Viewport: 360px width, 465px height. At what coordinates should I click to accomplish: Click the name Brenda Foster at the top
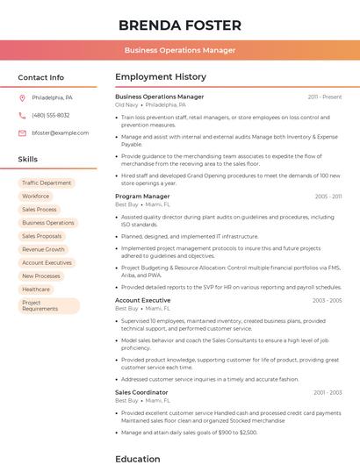tap(180, 24)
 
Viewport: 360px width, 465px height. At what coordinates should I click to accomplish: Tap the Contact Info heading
tap(41, 77)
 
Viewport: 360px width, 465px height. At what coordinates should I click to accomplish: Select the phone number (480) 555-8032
tap(51, 115)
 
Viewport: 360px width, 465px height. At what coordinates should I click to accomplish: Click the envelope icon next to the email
tap(22, 132)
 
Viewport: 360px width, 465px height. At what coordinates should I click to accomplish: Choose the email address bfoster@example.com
tap(61, 132)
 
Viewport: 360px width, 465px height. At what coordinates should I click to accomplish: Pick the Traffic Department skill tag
tap(47, 183)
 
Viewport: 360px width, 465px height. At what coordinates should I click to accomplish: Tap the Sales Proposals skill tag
tap(42, 236)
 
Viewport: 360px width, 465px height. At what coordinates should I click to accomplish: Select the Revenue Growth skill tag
tap(43, 249)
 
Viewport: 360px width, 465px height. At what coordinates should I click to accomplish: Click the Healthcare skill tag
tap(36, 289)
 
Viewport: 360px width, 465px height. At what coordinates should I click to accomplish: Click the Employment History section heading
tap(161, 77)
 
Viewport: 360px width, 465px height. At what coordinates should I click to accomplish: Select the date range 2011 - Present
tap(325, 97)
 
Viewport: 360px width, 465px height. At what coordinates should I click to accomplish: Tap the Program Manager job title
tap(142, 197)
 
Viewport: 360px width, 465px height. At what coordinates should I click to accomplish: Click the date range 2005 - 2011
tap(328, 197)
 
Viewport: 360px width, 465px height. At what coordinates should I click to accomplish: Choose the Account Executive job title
tap(143, 300)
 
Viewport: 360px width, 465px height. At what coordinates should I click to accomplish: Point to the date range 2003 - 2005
tap(327, 300)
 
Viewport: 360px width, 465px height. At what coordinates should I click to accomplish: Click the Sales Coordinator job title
tap(141, 392)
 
